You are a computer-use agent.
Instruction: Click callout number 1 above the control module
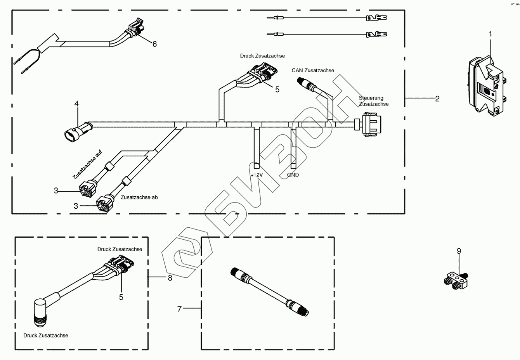(490, 34)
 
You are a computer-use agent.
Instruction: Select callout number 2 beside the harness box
(437, 99)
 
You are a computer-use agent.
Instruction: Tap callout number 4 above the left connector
(76, 104)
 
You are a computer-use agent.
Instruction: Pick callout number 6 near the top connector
(154, 44)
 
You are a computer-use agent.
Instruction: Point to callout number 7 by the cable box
(179, 309)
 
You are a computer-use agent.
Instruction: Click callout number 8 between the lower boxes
(170, 278)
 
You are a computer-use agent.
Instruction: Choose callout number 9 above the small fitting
(459, 251)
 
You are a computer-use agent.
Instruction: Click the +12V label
(257, 175)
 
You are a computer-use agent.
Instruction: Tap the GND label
(293, 175)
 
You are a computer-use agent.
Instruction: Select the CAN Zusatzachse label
(313, 70)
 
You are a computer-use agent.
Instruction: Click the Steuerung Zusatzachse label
(373, 101)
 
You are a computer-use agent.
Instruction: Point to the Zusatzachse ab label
(139, 197)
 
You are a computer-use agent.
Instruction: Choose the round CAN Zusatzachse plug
(303, 82)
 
